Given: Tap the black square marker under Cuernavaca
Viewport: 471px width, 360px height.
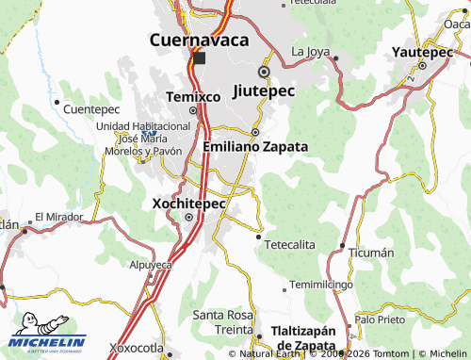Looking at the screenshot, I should pos(199,58).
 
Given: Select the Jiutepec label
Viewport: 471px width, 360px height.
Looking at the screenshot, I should pos(263,91).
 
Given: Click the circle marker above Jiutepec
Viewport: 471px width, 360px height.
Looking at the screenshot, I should pos(264,72).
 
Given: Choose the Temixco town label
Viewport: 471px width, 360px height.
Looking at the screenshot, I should pos(193,96).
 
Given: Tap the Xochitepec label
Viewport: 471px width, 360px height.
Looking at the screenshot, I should pos(187,202).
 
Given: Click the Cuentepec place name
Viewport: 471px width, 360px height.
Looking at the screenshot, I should pos(90,109).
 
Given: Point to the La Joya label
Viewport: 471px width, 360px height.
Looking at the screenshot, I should pos(311,50).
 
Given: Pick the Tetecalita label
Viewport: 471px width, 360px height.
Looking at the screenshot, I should pos(289,244).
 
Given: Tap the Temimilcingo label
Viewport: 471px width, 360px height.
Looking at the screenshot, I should pos(320,284).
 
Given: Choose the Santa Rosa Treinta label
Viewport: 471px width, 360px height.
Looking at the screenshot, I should pos(222,320).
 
